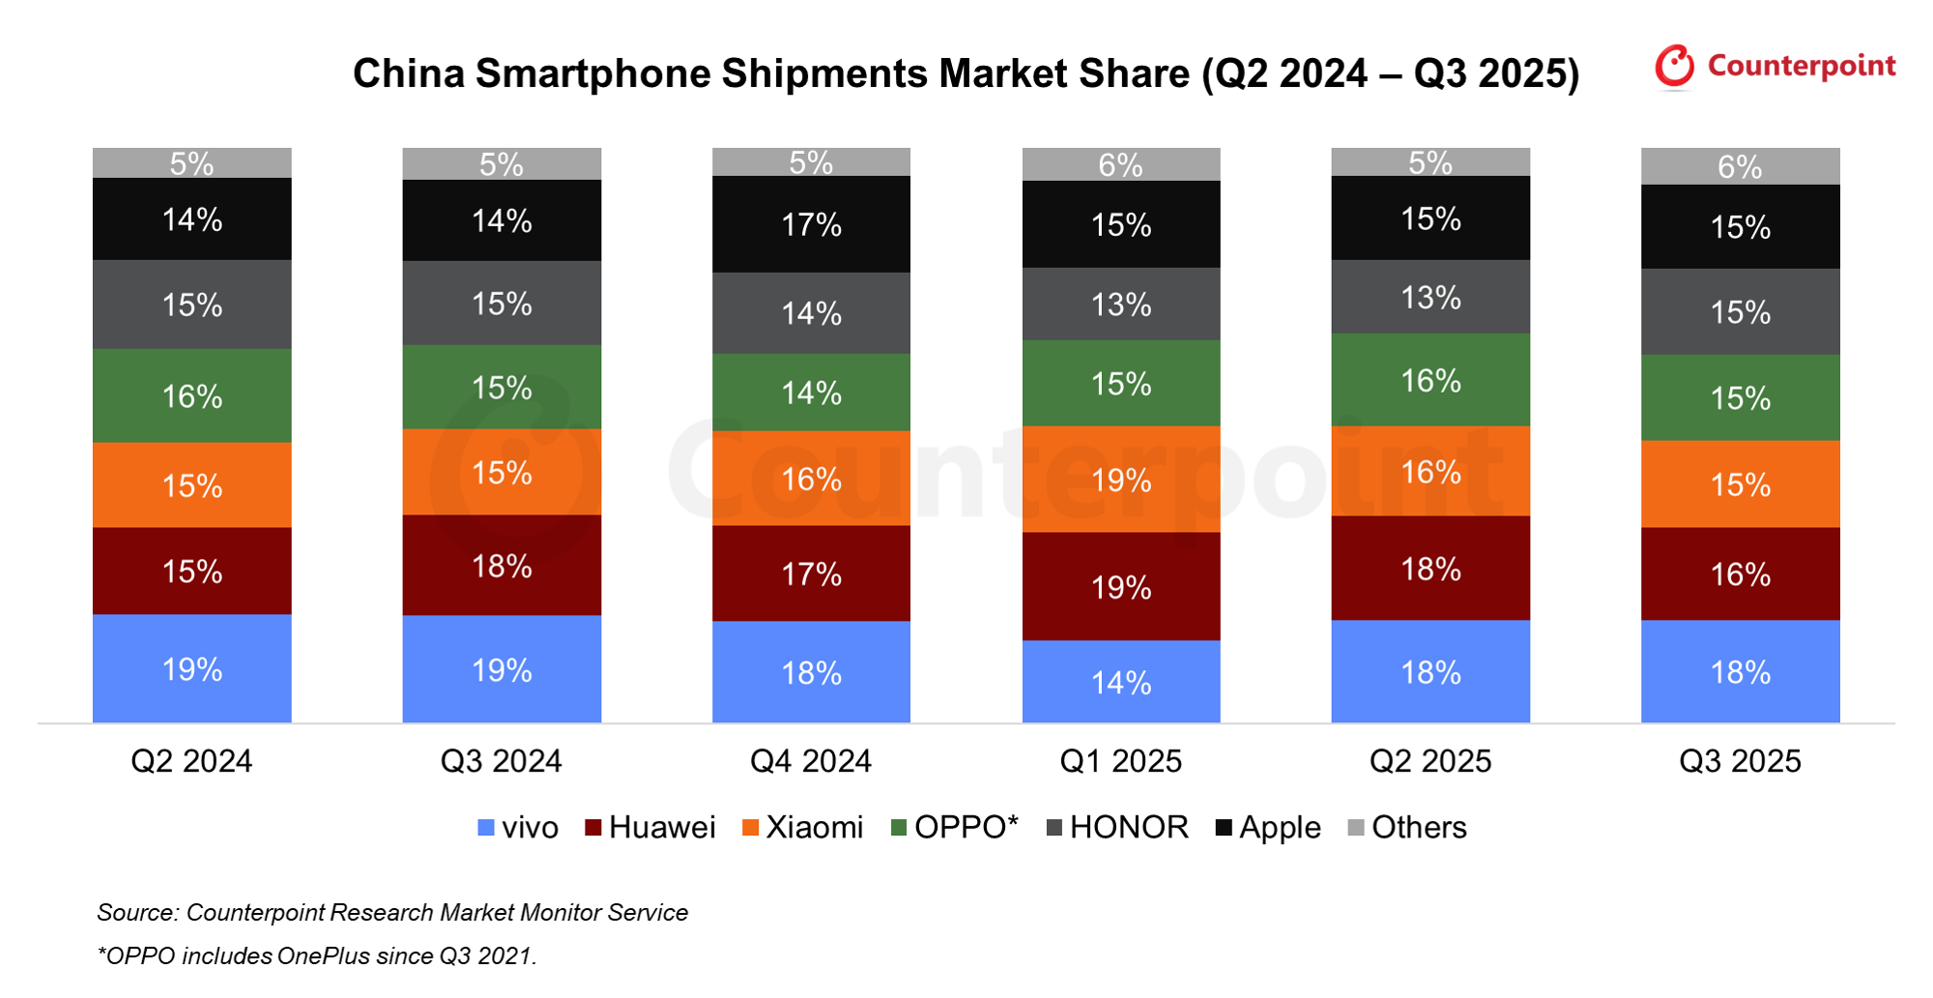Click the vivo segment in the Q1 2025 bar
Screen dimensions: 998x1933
[1121, 682]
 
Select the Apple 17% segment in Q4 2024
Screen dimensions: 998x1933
[811, 224]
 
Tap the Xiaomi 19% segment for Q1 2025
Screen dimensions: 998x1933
[1121, 480]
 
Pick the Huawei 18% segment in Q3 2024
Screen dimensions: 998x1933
[502, 566]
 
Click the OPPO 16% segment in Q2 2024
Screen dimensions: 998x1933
[191, 396]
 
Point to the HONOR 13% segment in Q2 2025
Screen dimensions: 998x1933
[1430, 297]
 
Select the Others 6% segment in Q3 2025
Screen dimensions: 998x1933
[1740, 166]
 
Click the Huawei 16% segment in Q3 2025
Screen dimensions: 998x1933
[1740, 574]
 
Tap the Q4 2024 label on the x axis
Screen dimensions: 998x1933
[811, 761]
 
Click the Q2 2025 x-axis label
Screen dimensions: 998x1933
[1430, 761]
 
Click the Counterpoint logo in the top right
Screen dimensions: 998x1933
[1774, 66]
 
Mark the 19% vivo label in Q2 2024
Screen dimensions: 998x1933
[191, 669]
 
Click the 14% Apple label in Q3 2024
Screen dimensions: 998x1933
[502, 221]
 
